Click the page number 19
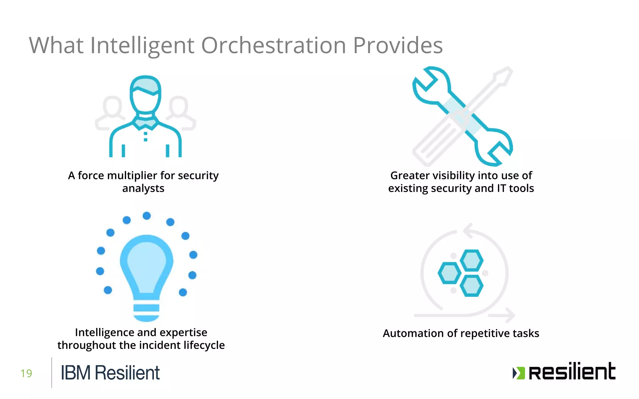[x=26, y=373]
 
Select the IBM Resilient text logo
[x=110, y=373]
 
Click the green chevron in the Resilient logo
[x=519, y=373]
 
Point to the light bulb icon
[x=146, y=274]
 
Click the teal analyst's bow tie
[x=145, y=123]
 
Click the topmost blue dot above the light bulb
[x=147, y=216]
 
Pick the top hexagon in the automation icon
[x=471, y=260]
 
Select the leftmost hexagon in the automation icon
[x=450, y=273]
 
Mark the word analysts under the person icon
[x=143, y=189]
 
